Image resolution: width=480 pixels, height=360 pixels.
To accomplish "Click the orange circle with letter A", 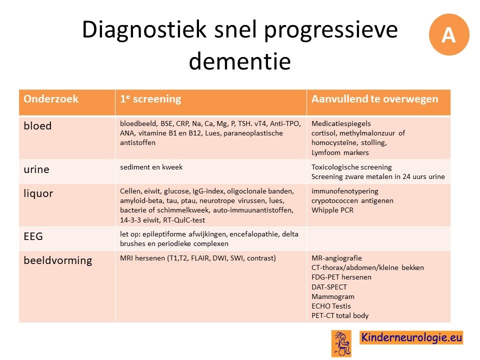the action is pos(449,34).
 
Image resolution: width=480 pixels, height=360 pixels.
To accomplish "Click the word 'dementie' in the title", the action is pos(239,61).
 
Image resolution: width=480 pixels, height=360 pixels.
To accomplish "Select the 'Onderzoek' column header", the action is pos(51,99).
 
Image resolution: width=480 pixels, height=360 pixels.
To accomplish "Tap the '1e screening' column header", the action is pos(150,99).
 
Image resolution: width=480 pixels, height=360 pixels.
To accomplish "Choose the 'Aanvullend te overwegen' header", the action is pos(374,99).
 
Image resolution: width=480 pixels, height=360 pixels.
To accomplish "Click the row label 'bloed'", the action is pos(37,126).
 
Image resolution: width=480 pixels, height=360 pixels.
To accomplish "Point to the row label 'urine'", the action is pos(36,169).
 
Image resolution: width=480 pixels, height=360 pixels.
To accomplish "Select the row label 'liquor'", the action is pos(38,193).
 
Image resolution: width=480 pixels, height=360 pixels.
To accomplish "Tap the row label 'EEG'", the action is pos(33,236).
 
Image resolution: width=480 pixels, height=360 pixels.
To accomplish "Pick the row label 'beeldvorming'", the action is pos(58,260).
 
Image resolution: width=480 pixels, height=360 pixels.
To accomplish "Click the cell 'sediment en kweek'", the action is pos(151,167).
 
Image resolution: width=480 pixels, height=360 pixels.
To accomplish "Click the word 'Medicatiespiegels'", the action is pos(341,123).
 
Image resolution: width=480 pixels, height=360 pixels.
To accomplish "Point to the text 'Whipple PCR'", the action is pos(332,210).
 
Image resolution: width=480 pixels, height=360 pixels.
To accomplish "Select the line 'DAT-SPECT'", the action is pos(329,287).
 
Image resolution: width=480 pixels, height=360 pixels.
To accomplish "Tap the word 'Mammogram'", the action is pos(333,296).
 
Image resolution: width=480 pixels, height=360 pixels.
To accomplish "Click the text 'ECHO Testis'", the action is pos(331,306).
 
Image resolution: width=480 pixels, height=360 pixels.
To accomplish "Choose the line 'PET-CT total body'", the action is pos(340,315).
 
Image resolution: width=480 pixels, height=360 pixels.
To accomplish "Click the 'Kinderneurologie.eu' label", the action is pos(411,337).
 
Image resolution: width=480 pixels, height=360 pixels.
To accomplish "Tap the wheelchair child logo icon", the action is pos(341,344).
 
